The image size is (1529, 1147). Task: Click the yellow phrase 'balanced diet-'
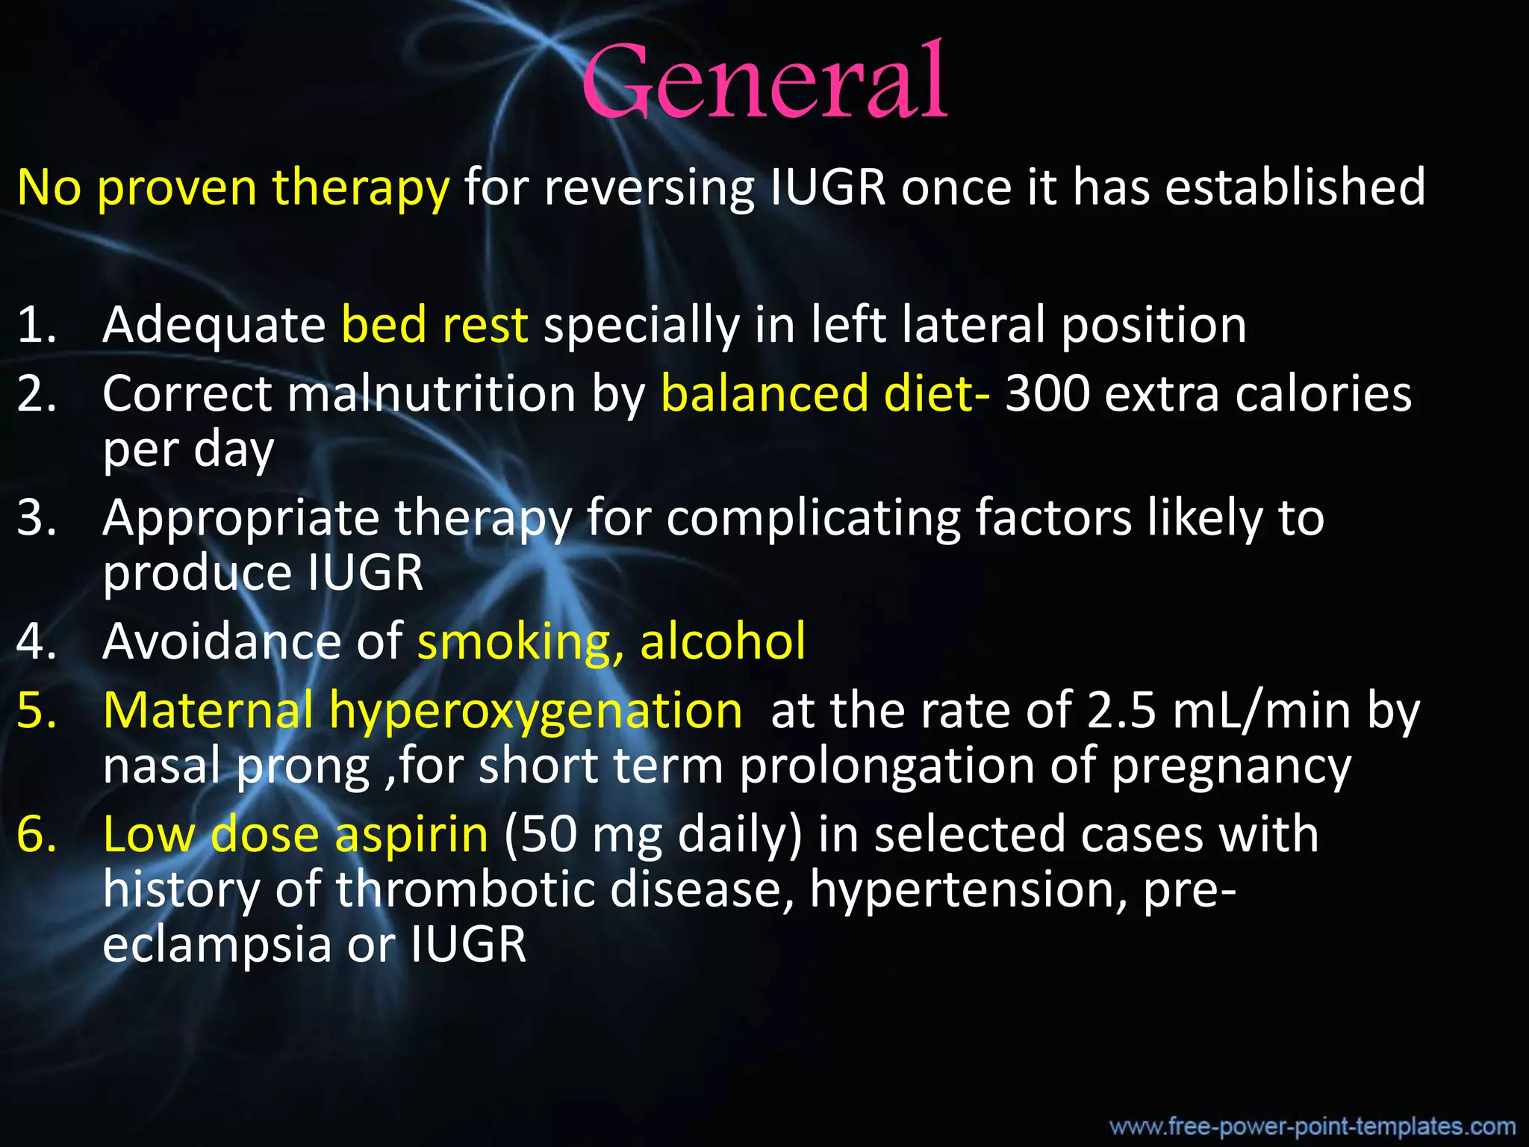(826, 394)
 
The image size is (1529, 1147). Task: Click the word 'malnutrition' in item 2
(432, 394)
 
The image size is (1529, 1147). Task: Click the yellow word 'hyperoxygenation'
(535, 711)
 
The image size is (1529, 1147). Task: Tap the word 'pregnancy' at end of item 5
(1231, 768)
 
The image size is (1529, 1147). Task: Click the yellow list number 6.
(36, 834)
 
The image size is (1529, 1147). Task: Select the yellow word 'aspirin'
(411, 834)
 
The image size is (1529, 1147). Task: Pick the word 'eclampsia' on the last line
(217, 945)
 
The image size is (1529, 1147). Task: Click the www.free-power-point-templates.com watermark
(1312, 1126)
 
